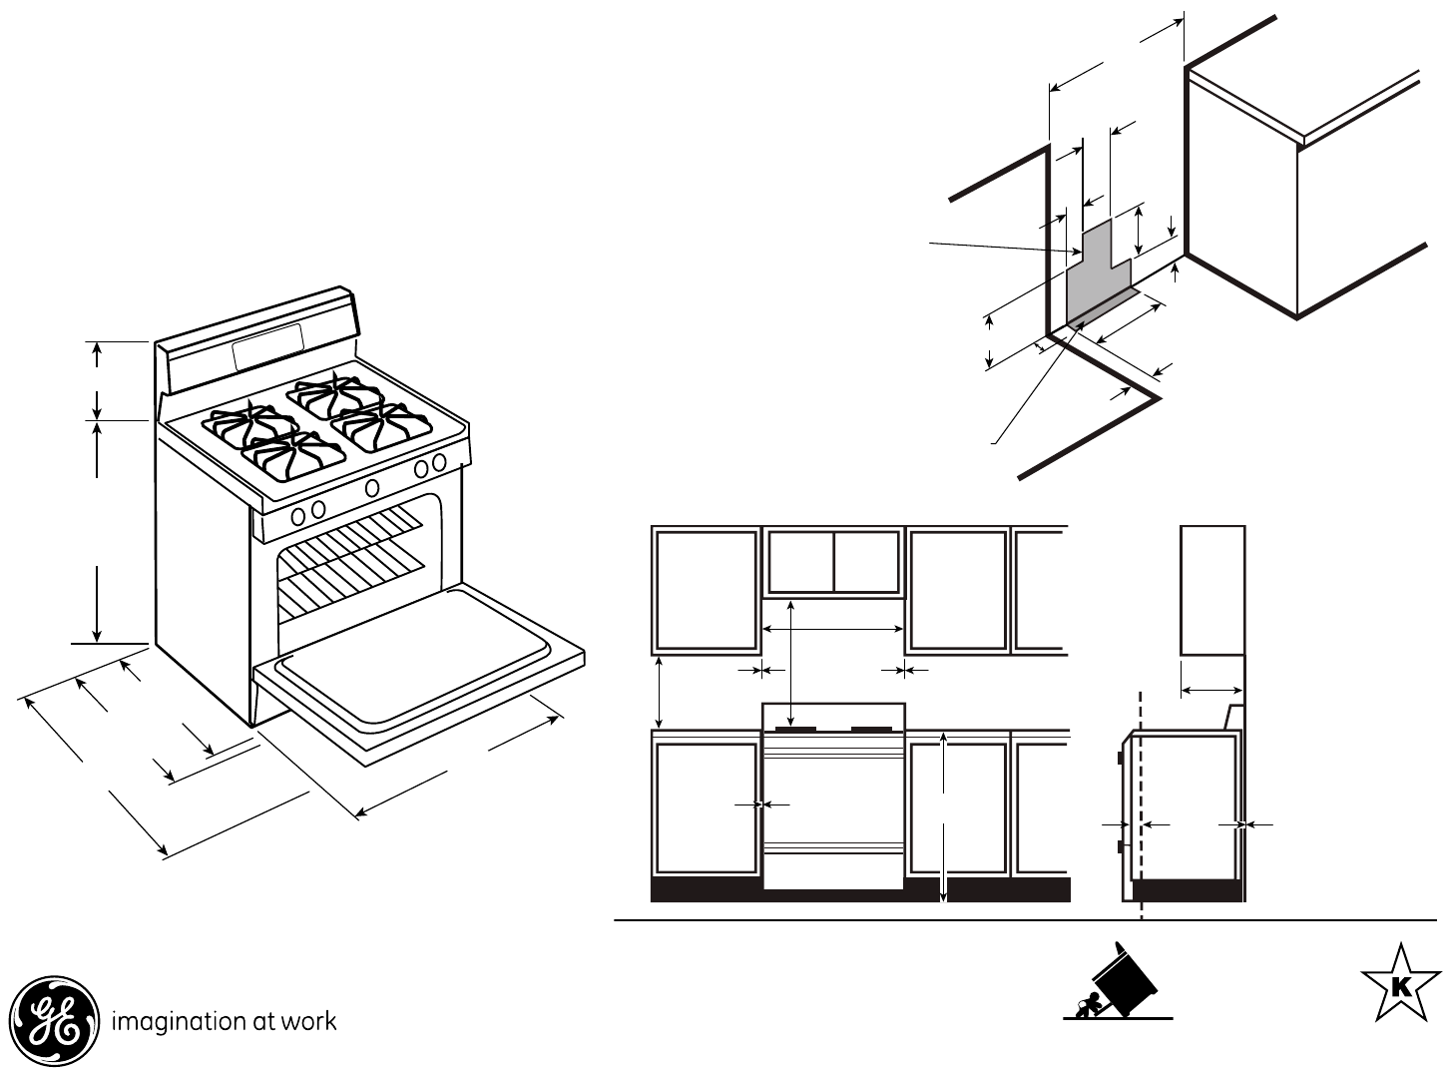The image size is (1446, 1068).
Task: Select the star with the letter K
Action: pos(1400,985)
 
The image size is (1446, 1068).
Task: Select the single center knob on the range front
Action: pos(372,487)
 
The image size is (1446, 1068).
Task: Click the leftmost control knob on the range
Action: pos(297,515)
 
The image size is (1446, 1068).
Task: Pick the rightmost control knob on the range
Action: pos(438,462)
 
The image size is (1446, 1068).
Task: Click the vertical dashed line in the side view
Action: pos(1140,799)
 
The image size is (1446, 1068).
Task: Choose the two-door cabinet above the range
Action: pos(832,562)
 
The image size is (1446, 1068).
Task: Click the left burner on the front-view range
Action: pos(798,729)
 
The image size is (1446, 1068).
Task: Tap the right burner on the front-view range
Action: pos(873,729)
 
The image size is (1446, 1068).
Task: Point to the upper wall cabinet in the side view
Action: pos(1211,590)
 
